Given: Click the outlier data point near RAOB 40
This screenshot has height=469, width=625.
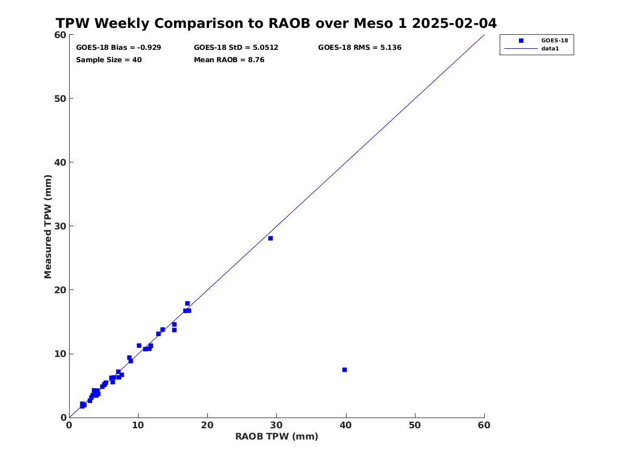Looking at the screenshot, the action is [x=344, y=370].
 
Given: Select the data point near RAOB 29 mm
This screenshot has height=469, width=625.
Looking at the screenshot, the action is [x=270, y=238].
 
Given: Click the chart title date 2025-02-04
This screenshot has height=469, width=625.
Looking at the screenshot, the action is [x=454, y=23].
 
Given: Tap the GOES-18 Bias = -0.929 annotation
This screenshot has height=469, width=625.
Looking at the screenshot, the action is [x=118, y=48].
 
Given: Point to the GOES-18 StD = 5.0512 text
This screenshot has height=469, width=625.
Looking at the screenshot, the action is [x=236, y=48].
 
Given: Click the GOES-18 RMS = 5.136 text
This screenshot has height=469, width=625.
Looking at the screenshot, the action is [x=359, y=48].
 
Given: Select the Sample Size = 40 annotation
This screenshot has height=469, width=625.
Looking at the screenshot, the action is [x=109, y=60].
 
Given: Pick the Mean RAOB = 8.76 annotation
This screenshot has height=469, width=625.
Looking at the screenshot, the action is [x=229, y=60].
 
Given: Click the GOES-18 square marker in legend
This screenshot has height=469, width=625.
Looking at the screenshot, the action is [x=521, y=40].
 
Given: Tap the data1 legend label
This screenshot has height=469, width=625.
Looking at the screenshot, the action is [x=550, y=49].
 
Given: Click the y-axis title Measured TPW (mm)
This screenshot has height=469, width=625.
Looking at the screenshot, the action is [x=48, y=227].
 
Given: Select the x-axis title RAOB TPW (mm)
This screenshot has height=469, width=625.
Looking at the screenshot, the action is [x=277, y=436].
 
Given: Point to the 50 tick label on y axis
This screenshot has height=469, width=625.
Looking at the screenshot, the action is [x=60, y=99].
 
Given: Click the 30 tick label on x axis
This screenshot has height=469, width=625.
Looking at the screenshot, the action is [x=276, y=425].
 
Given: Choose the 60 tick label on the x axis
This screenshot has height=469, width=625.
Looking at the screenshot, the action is [x=484, y=425].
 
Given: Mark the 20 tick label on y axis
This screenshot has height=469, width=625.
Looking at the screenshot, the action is [x=60, y=290].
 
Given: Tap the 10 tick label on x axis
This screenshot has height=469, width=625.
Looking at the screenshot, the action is [x=138, y=425].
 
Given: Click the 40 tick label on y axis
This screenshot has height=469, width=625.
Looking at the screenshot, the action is [x=60, y=162].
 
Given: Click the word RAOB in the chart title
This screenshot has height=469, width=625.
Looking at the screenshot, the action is [x=289, y=23].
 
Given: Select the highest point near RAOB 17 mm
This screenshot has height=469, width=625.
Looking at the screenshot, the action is [x=187, y=303].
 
